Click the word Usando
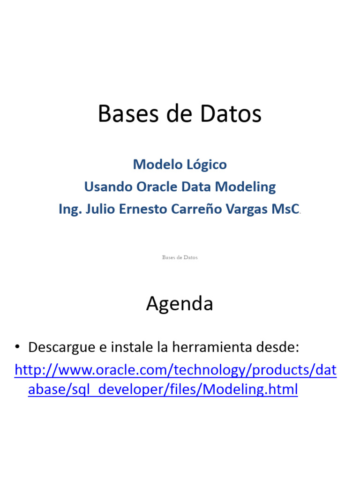tap(109, 187)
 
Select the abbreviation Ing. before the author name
tap(67, 210)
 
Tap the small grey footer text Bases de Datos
tap(180, 257)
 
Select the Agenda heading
tap(180, 304)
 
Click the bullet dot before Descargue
tap(18, 347)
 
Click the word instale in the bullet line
tap(124, 348)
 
